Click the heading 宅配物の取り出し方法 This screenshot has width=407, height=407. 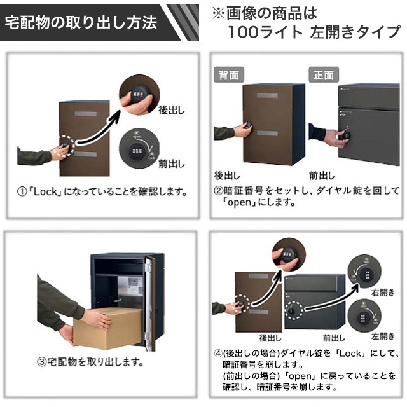tap(81, 24)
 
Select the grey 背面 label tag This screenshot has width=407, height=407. tap(228, 74)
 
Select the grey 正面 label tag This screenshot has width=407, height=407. tap(323, 74)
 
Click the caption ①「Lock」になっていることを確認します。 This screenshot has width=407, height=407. tap(102, 191)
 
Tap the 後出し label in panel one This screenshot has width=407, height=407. tap(171, 109)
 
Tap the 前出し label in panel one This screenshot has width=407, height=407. tap(171, 163)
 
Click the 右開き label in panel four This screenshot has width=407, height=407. tap(383, 294)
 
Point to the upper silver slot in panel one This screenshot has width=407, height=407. tap(85, 114)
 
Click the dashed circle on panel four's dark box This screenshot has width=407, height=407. tap(294, 311)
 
